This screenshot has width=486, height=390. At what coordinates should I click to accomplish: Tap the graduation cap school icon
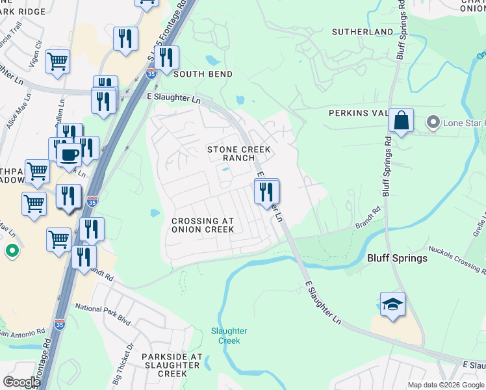pyautogui.click(x=392, y=304)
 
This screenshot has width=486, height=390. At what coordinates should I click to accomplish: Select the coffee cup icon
pyautogui.click(x=69, y=155)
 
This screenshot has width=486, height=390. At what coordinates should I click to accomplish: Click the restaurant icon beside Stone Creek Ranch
pyautogui.click(x=266, y=192)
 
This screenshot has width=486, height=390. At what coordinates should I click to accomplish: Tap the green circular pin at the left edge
pyautogui.click(x=12, y=250)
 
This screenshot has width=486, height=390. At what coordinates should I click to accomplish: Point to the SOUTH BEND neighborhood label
pyautogui.click(x=203, y=74)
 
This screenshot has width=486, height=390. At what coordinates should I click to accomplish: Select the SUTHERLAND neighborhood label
pyautogui.click(x=362, y=31)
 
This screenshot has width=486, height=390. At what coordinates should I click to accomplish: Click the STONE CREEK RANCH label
pyautogui.click(x=238, y=153)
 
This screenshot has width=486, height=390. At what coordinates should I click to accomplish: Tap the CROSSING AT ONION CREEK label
pyautogui.click(x=202, y=225)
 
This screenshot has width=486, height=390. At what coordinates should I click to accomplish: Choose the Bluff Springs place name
pyautogui.click(x=397, y=258)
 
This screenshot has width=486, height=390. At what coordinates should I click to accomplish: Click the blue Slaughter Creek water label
pyautogui.click(x=229, y=335)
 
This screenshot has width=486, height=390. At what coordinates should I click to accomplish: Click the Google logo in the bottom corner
pyautogui.click(x=21, y=382)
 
